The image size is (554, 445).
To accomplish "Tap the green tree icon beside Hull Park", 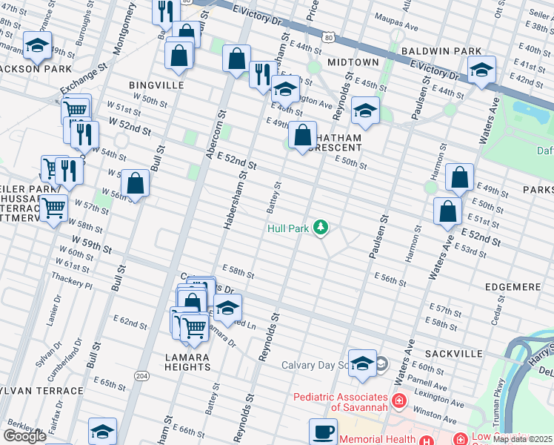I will click(x=321, y=228).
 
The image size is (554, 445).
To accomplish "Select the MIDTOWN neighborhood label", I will click(x=353, y=63).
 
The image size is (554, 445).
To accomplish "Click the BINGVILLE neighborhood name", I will click(x=156, y=85).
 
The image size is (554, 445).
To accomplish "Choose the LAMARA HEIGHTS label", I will click(x=187, y=362).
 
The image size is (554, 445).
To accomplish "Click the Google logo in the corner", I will click(x=24, y=436).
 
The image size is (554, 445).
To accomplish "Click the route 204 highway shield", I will click(x=141, y=376).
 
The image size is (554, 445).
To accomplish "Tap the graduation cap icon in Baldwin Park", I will click(x=481, y=70).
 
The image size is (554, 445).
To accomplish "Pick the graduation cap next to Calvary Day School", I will click(x=362, y=363).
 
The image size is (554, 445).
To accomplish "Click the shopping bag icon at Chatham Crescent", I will click(x=302, y=136).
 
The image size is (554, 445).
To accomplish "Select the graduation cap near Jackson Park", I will click(x=37, y=46).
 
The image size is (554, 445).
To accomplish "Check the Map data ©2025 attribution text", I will click(x=522, y=439).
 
